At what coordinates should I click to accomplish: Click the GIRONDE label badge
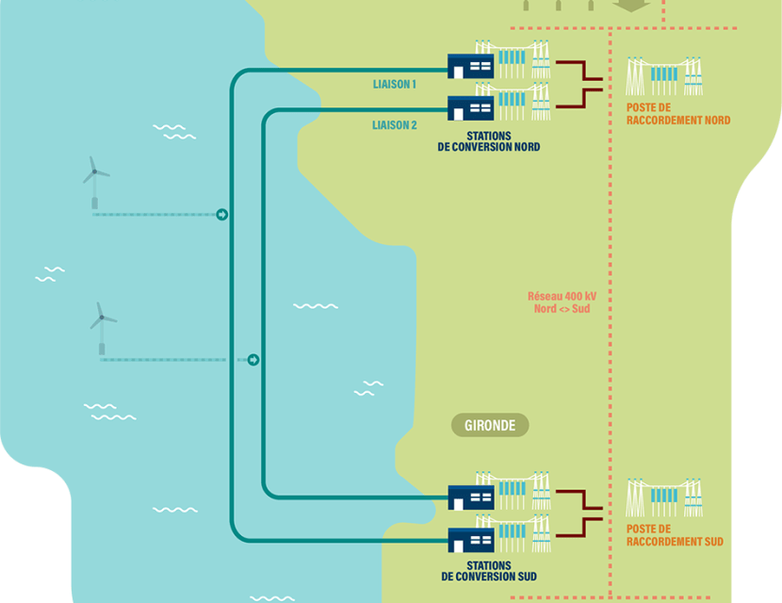pos(490,426)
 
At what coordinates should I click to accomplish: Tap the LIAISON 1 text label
pos(395,85)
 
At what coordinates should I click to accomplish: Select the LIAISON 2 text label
pos(395,125)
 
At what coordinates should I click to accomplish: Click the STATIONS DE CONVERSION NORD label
pos(490,141)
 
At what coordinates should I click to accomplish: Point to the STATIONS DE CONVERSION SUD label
pos(489,571)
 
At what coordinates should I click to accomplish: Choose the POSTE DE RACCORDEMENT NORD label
pos(677,114)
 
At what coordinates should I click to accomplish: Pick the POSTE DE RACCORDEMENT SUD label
pos(675,535)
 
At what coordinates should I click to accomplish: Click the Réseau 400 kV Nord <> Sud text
pos(562,301)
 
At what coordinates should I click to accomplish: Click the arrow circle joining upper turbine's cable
pos(221,215)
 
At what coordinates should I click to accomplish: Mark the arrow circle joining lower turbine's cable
pos(253,360)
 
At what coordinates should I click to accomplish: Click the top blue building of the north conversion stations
pos(470,66)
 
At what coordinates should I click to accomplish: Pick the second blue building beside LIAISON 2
pos(470,107)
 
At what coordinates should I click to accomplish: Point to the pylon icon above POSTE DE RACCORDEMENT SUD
pos(665,497)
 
